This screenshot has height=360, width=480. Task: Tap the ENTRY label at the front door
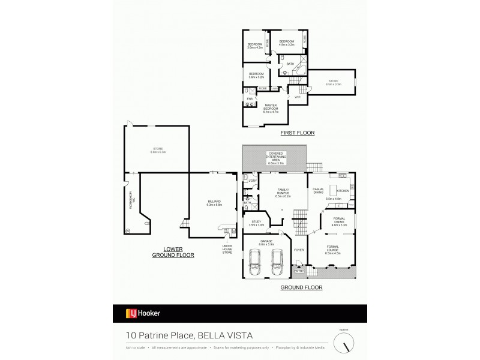coord(298,271)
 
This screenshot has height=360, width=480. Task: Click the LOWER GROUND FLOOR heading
coord(176,251)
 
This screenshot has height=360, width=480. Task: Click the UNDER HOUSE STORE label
coord(227,250)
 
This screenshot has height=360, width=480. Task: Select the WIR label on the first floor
coord(297,97)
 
